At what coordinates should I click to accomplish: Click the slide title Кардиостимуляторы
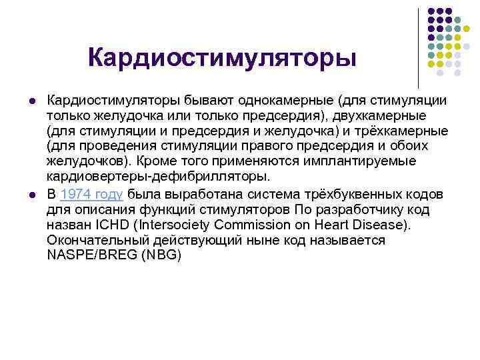[x=223, y=57]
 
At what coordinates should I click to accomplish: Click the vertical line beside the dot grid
[x=419, y=47]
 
